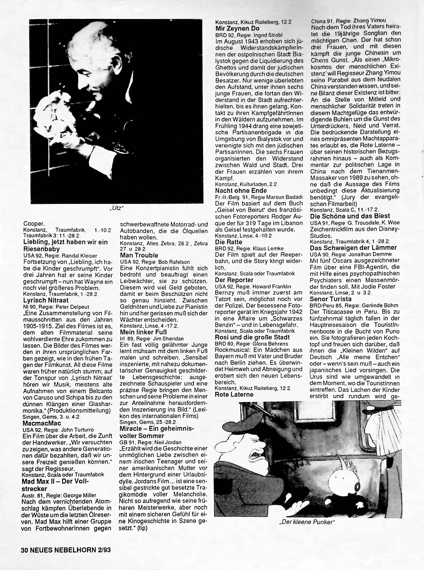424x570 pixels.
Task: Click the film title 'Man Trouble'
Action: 139,255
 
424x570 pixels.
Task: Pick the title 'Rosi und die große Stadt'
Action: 252,337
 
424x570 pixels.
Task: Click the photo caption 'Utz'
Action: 116,208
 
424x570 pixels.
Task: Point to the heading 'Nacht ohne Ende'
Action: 241,190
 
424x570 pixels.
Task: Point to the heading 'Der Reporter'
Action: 234,280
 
